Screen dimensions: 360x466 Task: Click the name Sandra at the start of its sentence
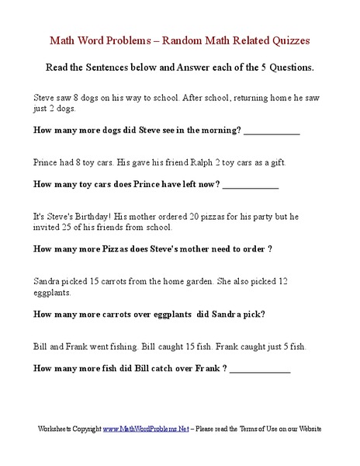48,280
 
